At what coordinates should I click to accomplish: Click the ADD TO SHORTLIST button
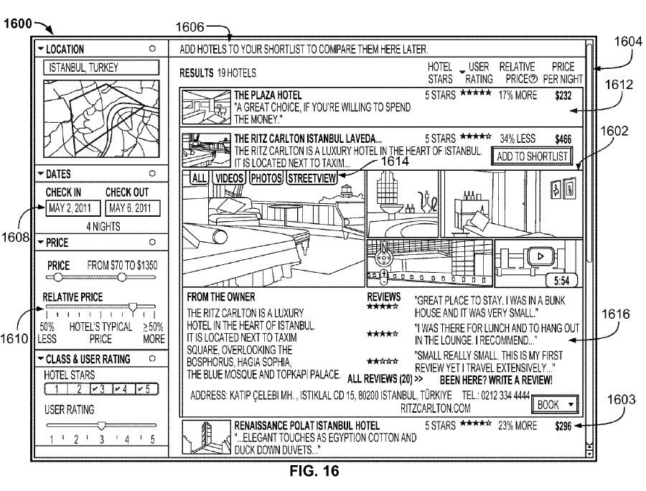click(532, 156)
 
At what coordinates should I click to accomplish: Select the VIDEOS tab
click(230, 178)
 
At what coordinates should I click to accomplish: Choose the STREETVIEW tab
click(312, 178)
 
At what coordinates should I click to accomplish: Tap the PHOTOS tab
click(267, 178)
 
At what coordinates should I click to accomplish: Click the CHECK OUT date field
click(131, 209)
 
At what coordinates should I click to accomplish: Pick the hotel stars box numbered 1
click(58, 390)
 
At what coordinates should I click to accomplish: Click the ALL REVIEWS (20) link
click(385, 378)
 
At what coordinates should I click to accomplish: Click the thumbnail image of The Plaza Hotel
click(206, 106)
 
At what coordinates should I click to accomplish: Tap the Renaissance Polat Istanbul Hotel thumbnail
click(206, 437)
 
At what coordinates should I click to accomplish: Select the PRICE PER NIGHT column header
click(563, 73)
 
